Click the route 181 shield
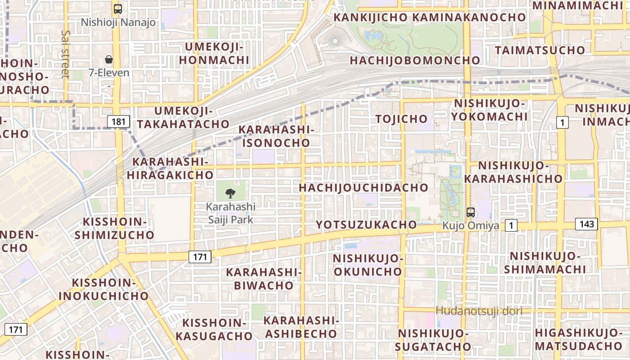[x=119, y=121]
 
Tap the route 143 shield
[x=587, y=224]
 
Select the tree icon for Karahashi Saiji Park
[x=230, y=193]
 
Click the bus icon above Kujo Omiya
[x=470, y=212]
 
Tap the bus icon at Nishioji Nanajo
[x=118, y=9]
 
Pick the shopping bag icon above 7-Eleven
[x=108, y=59]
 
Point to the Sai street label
[x=66, y=54]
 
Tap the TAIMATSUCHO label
[x=540, y=50]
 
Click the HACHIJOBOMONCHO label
[x=415, y=60]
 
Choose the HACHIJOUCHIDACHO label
[x=364, y=188]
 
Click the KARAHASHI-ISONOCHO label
[x=276, y=136]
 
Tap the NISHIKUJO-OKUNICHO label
[x=367, y=265]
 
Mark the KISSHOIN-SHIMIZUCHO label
[x=114, y=228]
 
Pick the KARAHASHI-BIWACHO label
[x=264, y=279]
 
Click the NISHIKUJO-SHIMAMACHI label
[x=545, y=263]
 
